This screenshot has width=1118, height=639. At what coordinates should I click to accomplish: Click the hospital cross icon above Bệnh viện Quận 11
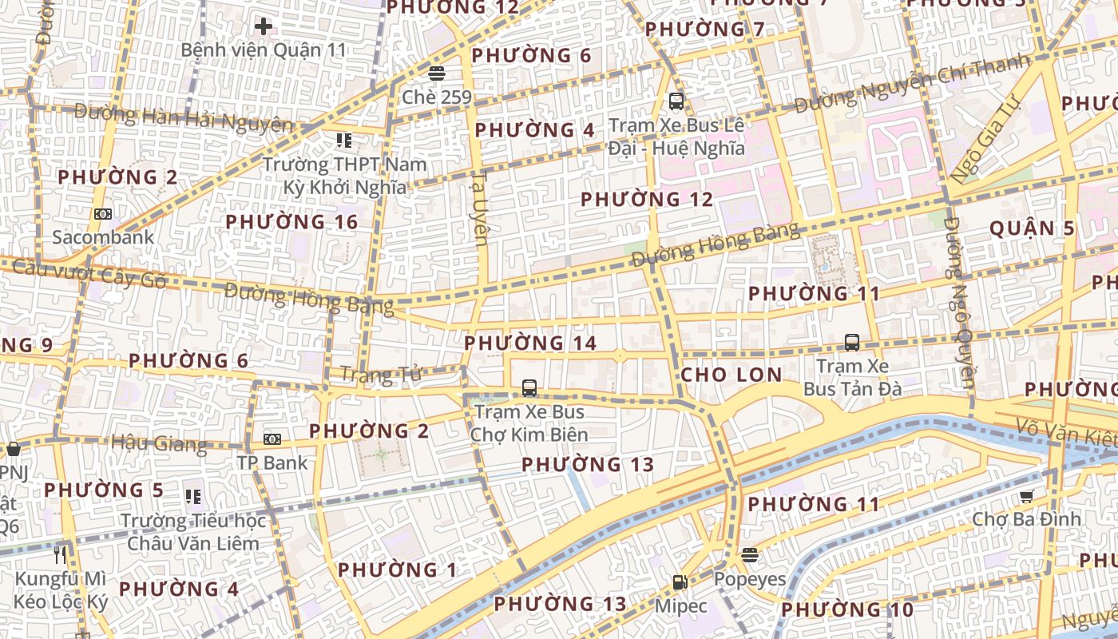point(264,26)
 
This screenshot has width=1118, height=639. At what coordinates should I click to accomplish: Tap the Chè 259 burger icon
point(436,74)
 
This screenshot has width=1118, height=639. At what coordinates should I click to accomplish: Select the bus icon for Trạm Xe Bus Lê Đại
point(676,101)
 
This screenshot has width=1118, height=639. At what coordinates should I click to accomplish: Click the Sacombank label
point(103,237)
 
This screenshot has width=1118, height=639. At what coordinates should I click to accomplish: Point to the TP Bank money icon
point(272,439)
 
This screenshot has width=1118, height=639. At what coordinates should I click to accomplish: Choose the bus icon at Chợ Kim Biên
point(529,388)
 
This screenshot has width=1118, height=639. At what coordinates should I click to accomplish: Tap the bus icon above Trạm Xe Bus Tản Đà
point(852,343)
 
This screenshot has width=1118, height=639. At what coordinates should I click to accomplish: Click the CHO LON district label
point(731,375)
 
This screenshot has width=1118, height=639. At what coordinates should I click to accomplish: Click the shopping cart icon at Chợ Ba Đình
point(1027,496)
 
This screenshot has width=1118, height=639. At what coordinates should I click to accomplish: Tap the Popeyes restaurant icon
point(749,554)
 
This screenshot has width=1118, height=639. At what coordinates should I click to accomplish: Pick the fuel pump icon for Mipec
point(680,582)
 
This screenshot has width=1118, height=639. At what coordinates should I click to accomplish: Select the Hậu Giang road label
point(159,443)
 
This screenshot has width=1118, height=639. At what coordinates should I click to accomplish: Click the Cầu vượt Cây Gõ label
point(89,273)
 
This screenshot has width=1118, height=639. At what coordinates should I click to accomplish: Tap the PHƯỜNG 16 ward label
point(291,221)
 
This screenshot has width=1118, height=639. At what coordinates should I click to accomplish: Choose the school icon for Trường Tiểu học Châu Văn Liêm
point(192,497)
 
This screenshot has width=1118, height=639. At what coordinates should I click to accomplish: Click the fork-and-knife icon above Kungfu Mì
point(60,553)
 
